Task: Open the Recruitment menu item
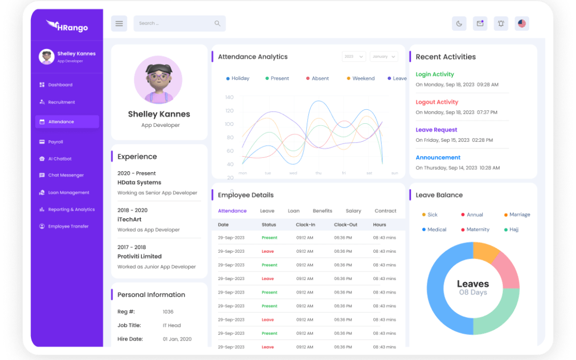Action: pos(61,102)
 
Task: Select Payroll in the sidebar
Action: pos(55,142)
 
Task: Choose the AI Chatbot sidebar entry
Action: pos(60,158)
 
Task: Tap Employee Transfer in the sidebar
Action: pos(68,226)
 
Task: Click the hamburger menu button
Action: pos(119,23)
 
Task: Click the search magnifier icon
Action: pos(217,23)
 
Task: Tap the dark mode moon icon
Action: pos(459,23)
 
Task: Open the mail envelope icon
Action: pos(480,23)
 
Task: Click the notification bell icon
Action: pos(501,23)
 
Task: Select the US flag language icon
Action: pos(522,23)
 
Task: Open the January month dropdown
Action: pos(383,57)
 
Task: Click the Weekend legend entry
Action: pos(363,78)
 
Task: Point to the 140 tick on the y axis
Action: pos(229,97)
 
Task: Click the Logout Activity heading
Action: pos(437,102)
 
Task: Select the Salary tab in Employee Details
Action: pos(353,211)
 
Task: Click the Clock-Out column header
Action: pos(346,225)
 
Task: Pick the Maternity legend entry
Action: pos(477,229)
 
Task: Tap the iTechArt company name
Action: pos(132,219)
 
